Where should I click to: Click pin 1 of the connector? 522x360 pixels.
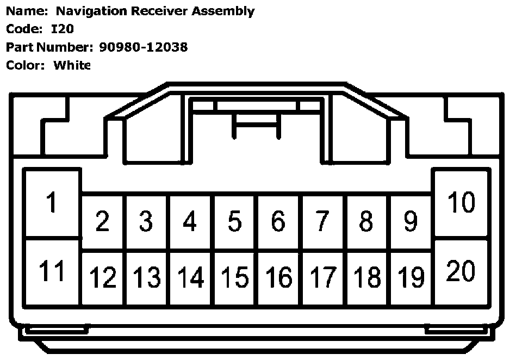tap(52, 203)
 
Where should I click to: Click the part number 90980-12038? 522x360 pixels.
tap(144, 47)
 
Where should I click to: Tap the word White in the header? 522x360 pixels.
tap(72, 65)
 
